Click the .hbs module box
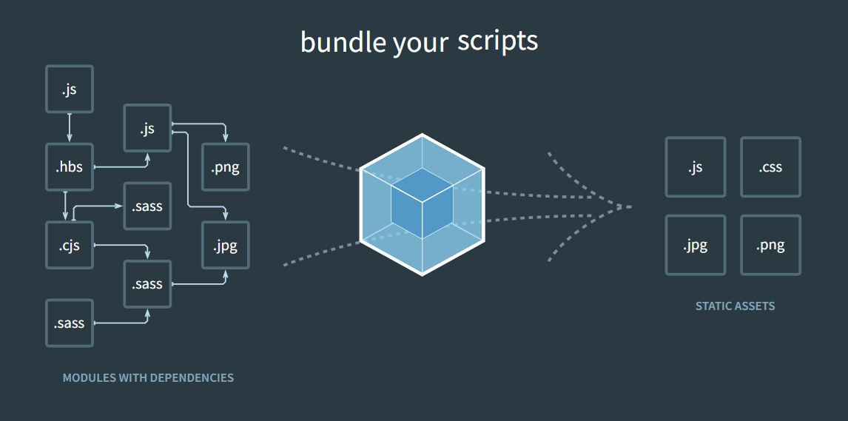pos(70,167)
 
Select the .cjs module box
pos(70,245)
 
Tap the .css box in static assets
pos(770,167)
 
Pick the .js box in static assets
pos(696,167)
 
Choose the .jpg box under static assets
pos(696,245)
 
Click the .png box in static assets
pos(770,245)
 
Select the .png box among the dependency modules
pos(226,167)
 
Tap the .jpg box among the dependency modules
pos(226,245)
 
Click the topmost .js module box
pos(70,90)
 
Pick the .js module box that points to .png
pos(148,128)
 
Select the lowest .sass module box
pos(70,323)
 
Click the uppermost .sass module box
pos(148,206)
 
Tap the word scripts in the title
pos(497,41)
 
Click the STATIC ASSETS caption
pos(735,306)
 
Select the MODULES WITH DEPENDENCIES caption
pos(148,378)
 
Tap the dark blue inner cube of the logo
pos(422,203)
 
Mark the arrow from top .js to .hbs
pos(70,128)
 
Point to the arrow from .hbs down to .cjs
pos(65,206)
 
